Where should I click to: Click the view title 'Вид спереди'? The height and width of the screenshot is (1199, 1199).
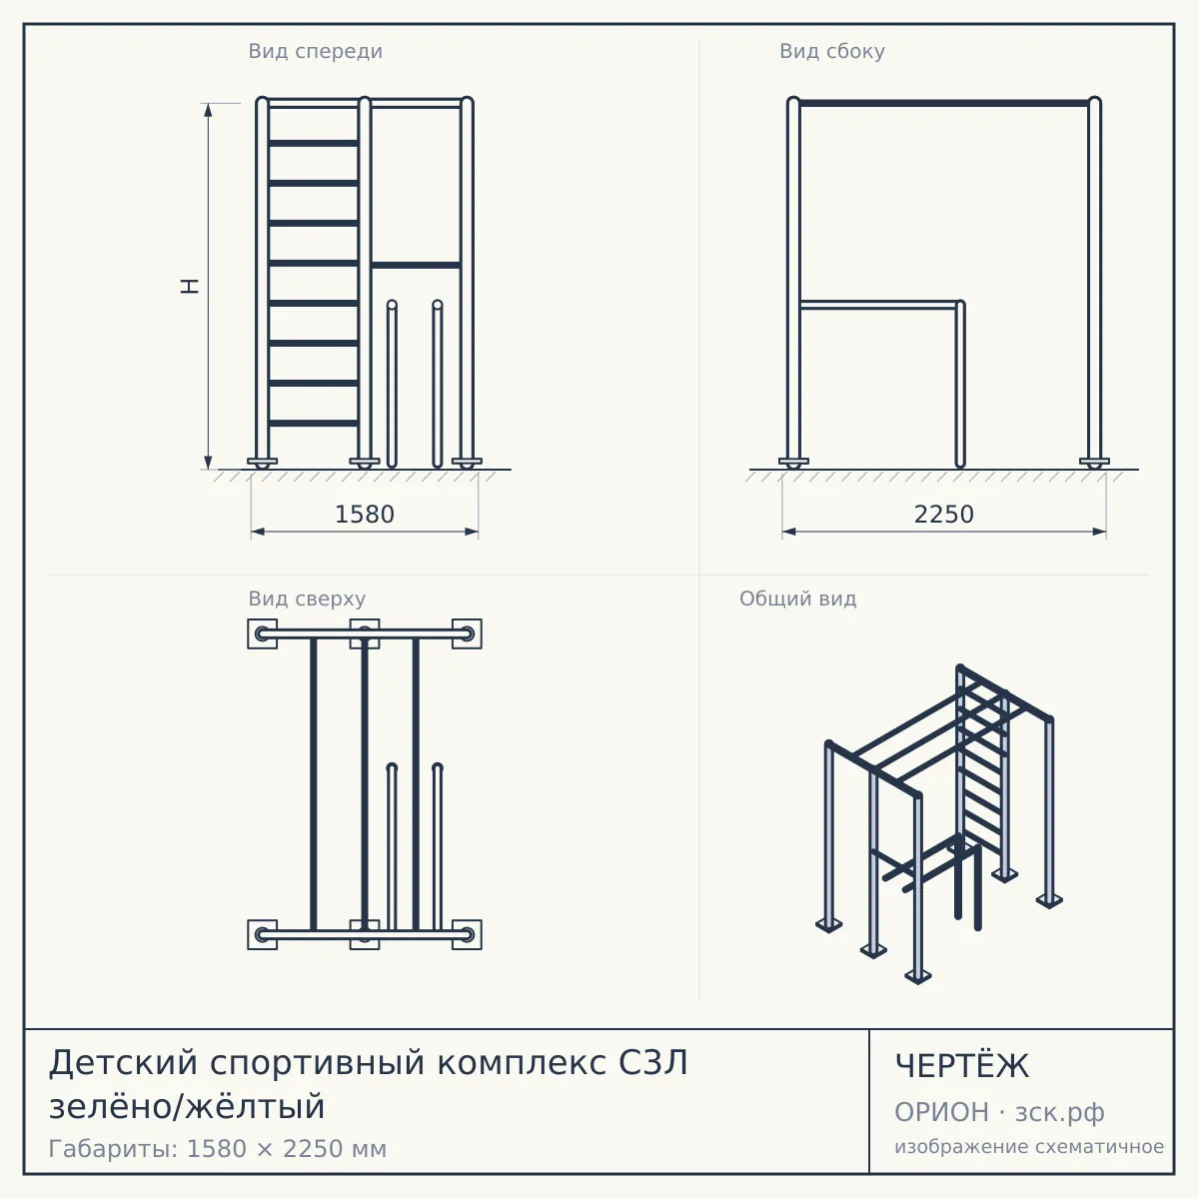point(315,51)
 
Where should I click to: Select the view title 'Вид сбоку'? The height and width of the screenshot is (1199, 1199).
point(832,51)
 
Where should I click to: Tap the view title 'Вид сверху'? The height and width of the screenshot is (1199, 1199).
point(307,599)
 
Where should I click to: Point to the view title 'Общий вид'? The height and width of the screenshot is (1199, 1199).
point(797,599)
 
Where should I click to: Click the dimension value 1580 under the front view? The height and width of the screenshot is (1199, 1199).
point(365,515)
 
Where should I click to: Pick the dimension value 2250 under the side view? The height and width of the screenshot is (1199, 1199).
point(944,515)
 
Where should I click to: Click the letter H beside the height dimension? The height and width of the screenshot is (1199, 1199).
point(190,286)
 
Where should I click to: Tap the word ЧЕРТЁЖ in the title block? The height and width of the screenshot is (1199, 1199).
point(962,1066)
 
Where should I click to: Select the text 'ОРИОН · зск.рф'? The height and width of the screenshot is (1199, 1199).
point(999,1112)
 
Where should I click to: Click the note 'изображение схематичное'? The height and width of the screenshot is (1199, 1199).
point(1029,1146)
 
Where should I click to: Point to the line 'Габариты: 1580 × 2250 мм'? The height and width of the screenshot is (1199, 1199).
point(218,1149)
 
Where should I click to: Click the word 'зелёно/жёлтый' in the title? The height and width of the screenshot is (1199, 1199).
point(187,1106)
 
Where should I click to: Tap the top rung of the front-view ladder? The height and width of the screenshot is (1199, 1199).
point(314,143)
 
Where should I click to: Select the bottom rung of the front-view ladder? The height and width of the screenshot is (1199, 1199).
point(314,423)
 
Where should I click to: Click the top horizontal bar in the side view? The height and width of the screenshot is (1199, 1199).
point(944,103)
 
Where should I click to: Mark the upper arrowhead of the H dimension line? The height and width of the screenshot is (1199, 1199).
point(209,110)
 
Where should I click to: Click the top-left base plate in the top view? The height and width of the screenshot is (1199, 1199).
point(263,634)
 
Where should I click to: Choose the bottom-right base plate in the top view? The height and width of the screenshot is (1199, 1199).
point(467,934)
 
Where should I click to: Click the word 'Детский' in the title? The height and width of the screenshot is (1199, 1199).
point(123,1062)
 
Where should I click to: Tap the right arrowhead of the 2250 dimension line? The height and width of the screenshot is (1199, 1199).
point(1099,532)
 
